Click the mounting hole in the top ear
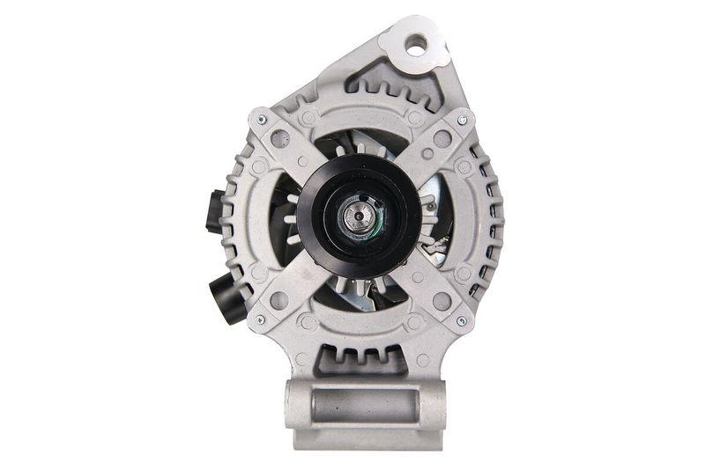[x=415, y=40]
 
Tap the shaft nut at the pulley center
[x=358, y=216]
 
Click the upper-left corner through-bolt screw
[x=260, y=119]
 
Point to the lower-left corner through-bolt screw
[x=259, y=320]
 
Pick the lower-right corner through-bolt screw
[x=461, y=320]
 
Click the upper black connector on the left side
[x=214, y=211]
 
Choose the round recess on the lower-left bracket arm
[x=280, y=300]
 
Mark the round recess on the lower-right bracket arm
[x=441, y=301]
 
